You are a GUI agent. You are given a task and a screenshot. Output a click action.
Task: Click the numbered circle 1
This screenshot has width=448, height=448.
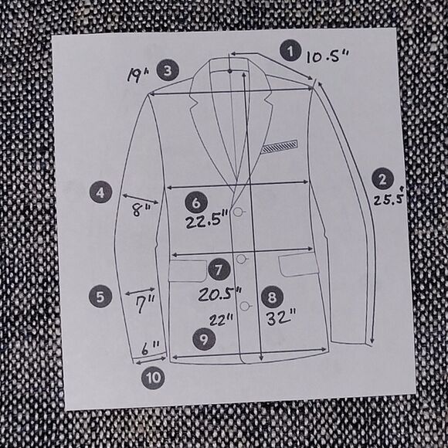tap(290, 51)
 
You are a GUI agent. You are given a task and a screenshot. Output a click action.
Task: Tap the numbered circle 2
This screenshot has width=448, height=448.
tap(382, 178)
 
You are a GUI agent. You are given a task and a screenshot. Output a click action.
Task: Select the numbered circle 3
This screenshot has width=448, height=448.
tap(168, 70)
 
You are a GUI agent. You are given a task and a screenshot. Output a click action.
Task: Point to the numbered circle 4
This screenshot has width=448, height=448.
tap(100, 192)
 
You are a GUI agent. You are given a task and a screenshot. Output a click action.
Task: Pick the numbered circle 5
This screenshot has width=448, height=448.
tap(100, 297)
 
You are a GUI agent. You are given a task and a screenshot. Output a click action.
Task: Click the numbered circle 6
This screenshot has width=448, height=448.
tap(196, 202)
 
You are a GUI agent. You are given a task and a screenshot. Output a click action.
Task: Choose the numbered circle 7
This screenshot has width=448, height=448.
tap(219, 270)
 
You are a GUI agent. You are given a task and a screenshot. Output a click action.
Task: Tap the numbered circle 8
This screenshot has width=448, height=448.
tap(272, 297)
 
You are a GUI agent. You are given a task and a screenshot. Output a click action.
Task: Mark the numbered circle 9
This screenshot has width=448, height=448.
tap(204, 339)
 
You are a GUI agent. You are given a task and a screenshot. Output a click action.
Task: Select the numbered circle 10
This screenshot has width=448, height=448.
tap(153, 378)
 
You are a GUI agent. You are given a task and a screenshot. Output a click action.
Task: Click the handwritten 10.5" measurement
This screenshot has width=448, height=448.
tap(328, 56)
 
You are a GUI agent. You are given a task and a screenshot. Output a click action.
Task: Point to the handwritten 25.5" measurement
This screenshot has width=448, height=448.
tap(390, 196)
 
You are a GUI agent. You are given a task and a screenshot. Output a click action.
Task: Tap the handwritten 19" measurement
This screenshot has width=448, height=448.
tap(137, 75)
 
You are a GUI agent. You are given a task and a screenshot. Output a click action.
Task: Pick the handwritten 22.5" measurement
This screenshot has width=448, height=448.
tap(207, 219)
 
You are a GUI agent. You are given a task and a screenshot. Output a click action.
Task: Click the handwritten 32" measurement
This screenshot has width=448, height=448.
tap(281, 318)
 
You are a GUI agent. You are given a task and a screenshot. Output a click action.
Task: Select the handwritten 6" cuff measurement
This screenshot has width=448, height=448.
tap(151, 348)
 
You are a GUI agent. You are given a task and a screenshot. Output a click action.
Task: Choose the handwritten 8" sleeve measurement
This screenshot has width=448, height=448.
tap(141, 210)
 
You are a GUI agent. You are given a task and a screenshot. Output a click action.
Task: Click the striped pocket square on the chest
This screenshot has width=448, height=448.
tap(280, 146)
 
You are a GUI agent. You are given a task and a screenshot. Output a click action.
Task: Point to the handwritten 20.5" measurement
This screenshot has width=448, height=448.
tap(220, 294)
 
